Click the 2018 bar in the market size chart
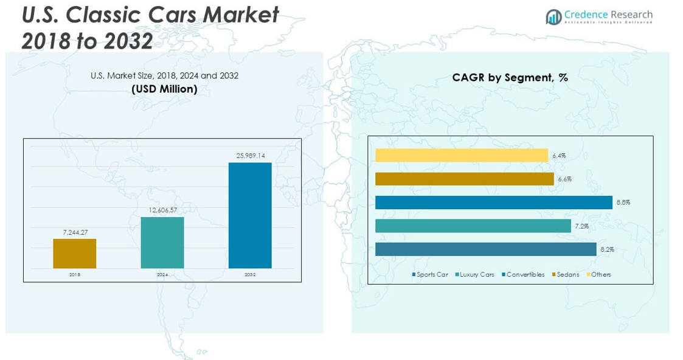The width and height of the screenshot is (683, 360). pyautogui.click(x=74, y=254)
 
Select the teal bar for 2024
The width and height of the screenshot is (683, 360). pyautogui.click(x=162, y=243)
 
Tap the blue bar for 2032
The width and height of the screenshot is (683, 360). pyautogui.click(x=250, y=215)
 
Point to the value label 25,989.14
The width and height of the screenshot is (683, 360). pyautogui.click(x=251, y=156)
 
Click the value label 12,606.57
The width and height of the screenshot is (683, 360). pyautogui.click(x=162, y=210)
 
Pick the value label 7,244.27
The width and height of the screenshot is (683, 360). pyautogui.click(x=75, y=232)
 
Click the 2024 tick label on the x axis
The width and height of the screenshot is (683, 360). pyautogui.click(x=162, y=275)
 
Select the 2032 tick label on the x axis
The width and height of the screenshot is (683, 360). pyautogui.click(x=250, y=275)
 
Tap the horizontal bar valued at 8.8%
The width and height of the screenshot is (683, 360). pyautogui.click(x=493, y=202)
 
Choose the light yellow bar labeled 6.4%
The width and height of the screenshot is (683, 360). pyautogui.click(x=461, y=156)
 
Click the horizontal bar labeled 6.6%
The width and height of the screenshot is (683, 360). pyautogui.click(x=464, y=179)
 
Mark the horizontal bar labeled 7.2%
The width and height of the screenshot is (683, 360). pyautogui.click(x=473, y=226)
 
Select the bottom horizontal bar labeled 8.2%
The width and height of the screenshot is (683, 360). pyautogui.click(x=485, y=249)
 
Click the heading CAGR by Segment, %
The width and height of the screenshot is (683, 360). pyautogui.click(x=510, y=78)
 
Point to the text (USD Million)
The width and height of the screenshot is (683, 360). pyautogui.click(x=164, y=89)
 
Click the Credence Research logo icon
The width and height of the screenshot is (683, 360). pyautogui.click(x=553, y=17)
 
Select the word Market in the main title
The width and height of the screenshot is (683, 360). pyautogui.click(x=240, y=15)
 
